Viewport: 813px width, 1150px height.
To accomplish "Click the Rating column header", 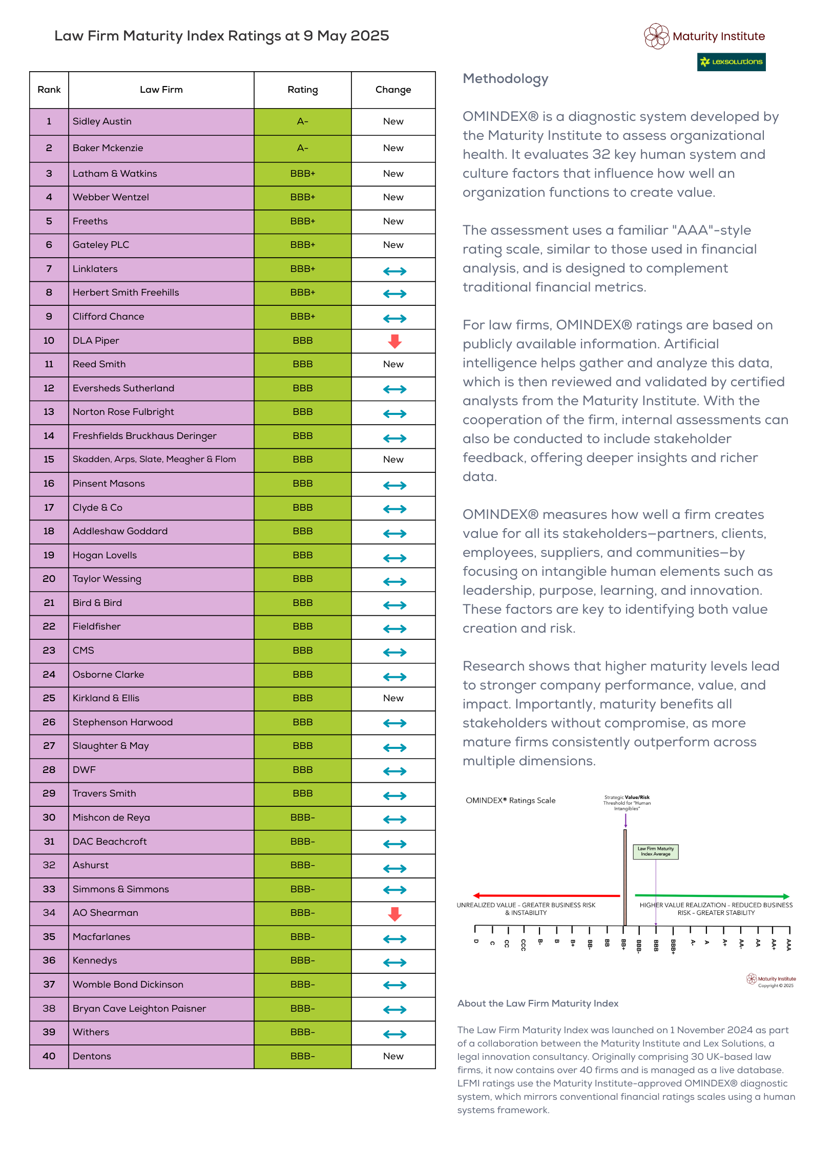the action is pyautogui.click(x=303, y=90).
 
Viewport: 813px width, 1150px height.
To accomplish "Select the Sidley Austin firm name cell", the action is pyautogui.click(x=161, y=121).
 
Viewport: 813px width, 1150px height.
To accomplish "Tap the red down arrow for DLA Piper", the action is pyautogui.click(x=394, y=341).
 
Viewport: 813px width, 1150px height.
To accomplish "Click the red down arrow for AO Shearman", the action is pyautogui.click(x=394, y=914).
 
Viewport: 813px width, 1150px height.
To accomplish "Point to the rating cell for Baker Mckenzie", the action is pyautogui.click(x=303, y=149).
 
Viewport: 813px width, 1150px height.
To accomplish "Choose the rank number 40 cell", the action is pyautogui.click(x=49, y=1056).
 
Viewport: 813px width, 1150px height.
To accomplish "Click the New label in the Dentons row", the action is pyautogui.click(x=393, y=1056).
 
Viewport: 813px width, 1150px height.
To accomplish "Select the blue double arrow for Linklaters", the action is pyautogui.click(x=395, y=271).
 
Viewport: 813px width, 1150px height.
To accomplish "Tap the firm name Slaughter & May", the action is pyautogui.click(x=111, y=746).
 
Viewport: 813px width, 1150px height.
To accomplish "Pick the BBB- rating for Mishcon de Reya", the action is pyautogui.click(x=303, y=818).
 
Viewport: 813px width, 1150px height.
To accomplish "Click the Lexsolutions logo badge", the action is pyautogui.click(x=731, y=62).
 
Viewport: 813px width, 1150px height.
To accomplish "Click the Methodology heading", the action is pyautogui.click(x=506, y=79).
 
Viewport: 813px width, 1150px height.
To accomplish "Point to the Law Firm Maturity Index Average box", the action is pyautogui.click(x=656, y=851).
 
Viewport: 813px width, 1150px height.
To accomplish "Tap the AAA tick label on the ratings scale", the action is pyautogui.click(x=789, y=945).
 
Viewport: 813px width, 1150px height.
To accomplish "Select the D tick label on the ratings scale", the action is pyautogui.click(x=476, y=941).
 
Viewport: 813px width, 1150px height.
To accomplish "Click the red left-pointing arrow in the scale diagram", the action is pyautogui.click(x=547, y=895).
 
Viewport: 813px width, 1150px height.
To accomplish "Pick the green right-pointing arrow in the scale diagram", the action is pyautogui.click(x=712, y=896).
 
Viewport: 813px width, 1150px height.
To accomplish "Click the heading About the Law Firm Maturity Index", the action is pyautogui.click(x=538, y=1003).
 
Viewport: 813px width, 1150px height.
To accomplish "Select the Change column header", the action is pyautogui.click(x=393, y=90).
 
